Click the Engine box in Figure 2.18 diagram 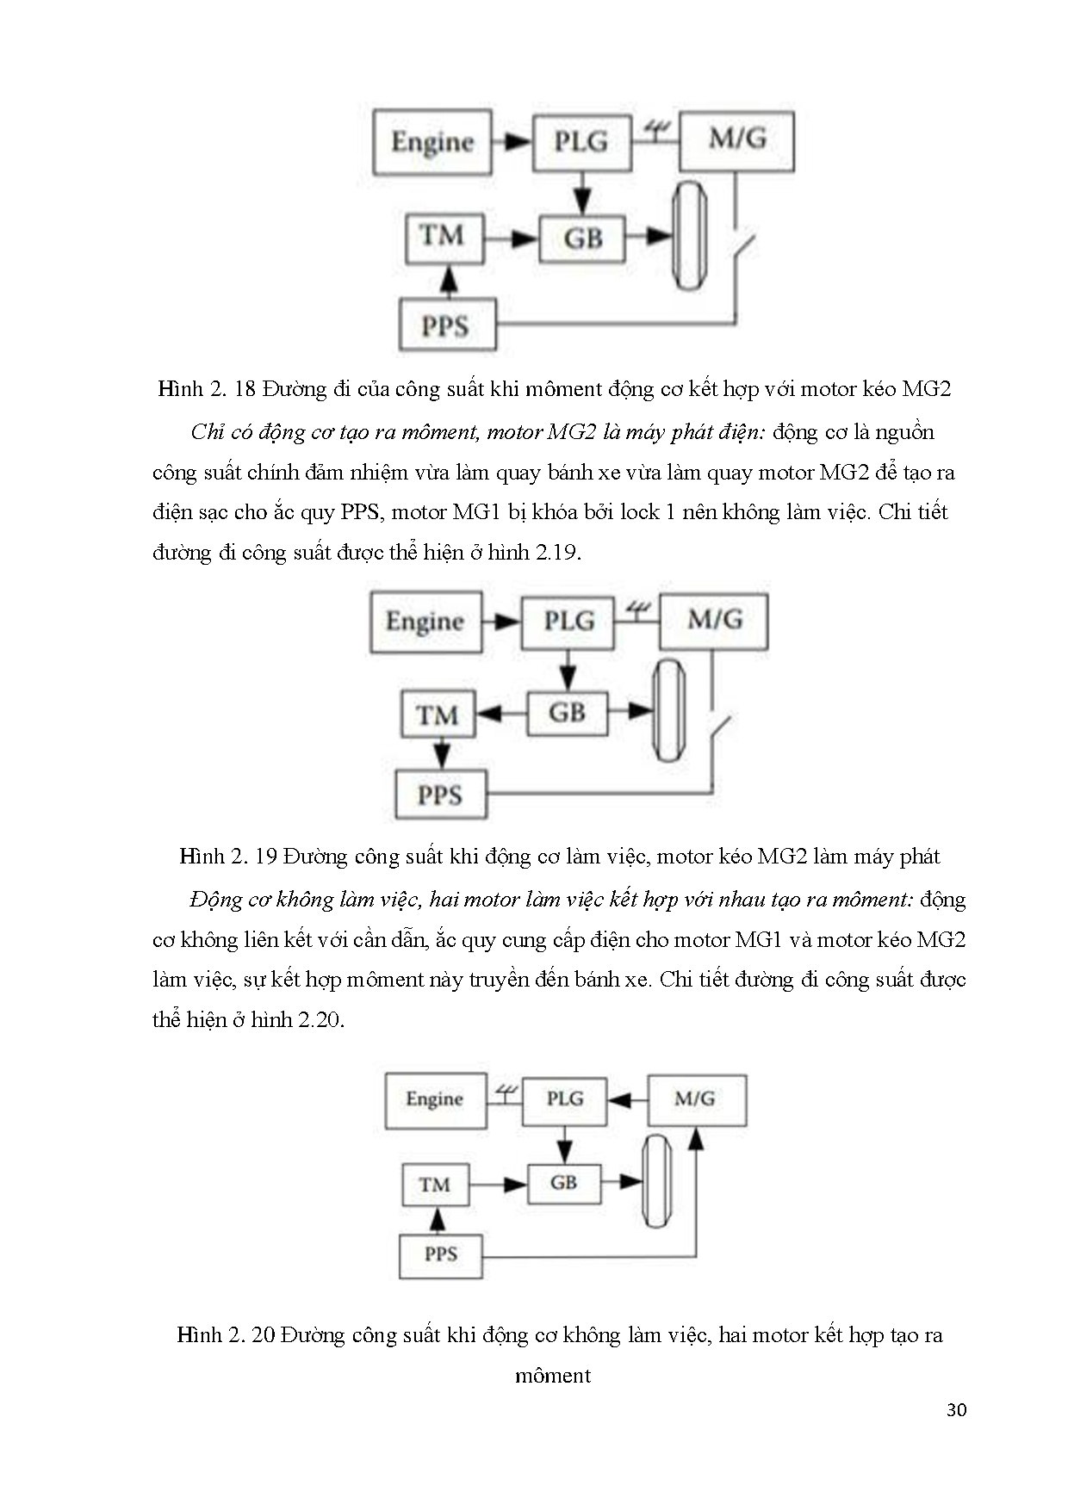[432, 142]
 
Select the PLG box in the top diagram [581, 141]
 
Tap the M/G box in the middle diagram [713, 620]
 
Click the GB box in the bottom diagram [563, 1183]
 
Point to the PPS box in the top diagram [446, 325]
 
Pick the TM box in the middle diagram [438, 715]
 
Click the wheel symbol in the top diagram [689, 236]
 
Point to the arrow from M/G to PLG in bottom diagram [626, 1100]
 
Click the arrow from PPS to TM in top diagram [446, 281]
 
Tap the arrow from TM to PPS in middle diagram [441, 754]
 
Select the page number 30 [956, 1410]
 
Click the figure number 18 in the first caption [245, 389]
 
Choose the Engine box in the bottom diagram [435, 1099]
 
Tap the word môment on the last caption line [553, 1376]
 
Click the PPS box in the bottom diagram [440, 1254]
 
